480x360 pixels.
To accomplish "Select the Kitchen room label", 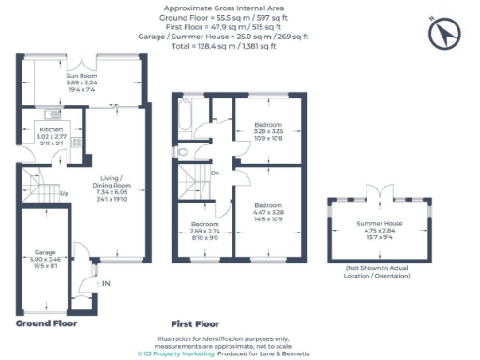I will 51,137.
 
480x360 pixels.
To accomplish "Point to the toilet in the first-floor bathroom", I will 184,153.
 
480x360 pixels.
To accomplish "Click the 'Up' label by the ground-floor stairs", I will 64,195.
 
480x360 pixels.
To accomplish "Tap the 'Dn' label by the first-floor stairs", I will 215,172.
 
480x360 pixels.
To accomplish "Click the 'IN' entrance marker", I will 106,283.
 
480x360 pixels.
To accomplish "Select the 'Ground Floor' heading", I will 46,322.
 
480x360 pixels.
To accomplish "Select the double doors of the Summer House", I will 377,192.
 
